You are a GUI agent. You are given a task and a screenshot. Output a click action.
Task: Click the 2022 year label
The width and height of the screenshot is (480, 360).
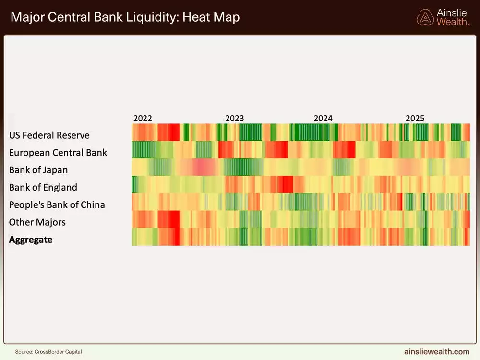pyautogui.click(x=143, y=118)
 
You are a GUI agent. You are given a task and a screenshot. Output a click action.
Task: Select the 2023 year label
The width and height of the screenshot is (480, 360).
pyautogui.click(x=234, y=118)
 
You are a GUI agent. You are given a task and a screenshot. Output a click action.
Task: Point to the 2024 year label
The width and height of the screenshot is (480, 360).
pyautogui.click(x=323, y=118)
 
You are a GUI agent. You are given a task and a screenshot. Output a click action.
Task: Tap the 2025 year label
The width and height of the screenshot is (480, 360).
pyautogui.click(x=415, y=118)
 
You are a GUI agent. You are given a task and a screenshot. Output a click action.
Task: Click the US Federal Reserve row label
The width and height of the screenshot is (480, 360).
pyautogui.click(x=49, y=135)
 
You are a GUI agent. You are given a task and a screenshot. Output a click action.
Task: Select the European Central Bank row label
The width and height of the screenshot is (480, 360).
pyautogui.click(x=58, y=153)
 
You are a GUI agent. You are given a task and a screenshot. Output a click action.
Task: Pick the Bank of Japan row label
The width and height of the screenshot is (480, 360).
pyautogui.click(x=38, y=170)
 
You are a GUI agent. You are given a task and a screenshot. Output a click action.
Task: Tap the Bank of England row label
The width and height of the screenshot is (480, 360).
pyautogui.click(x=43, y=187)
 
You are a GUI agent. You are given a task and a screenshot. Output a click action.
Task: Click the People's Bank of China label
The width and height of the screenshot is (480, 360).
pyautogui.click(x=57, y=205)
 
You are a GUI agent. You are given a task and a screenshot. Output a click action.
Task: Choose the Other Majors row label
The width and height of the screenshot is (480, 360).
pyautogui.click(x=37, y=222)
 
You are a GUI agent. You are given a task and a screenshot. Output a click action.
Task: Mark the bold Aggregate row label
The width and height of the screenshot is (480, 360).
pyautogui.click(x=31, y=240)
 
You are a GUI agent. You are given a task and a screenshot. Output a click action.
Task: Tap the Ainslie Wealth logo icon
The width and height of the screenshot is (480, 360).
pyautogui.click(x=425, y=17)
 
